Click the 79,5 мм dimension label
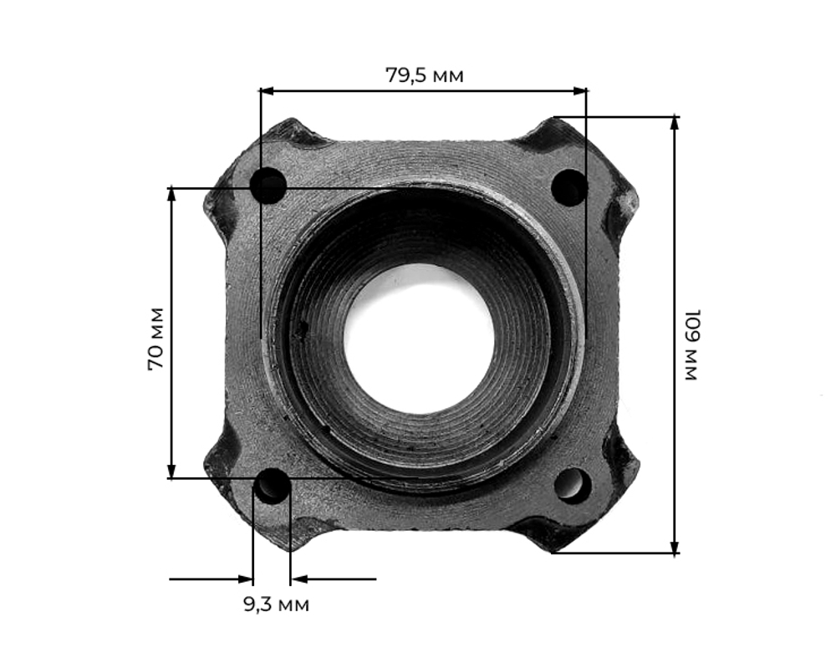tap(424, 75)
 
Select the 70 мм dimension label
tap(155, 339)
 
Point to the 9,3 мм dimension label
tap(276, 604)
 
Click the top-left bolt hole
tap(270, 186)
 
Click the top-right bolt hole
tap(569, 187)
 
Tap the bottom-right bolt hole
tap(573, 484)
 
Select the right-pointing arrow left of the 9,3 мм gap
tap(245, 578)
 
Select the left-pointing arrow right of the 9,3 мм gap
tap(298, 578)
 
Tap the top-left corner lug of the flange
tap(288, 134)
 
